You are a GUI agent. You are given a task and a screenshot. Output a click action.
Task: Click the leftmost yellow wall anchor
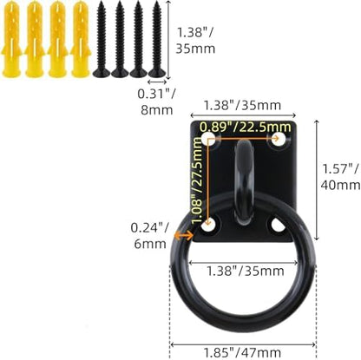click(x=11, y=40)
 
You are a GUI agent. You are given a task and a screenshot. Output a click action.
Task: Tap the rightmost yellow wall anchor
click(x=81, y=40)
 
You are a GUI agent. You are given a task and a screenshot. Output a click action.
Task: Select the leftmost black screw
click(x=102, y=40)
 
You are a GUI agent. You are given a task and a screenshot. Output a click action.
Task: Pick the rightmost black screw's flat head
click(x=157, y=72)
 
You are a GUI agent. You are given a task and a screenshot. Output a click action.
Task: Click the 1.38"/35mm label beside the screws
click(x=195, y=40)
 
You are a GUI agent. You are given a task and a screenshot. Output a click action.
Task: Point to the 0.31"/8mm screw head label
click(x=156, y=102)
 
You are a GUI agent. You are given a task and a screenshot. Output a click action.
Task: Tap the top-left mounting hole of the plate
click(x=208, y=139)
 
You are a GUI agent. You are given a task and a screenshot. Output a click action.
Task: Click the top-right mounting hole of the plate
click(x=279, y=139)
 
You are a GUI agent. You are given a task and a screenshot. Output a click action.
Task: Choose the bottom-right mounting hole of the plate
click(x=279, y=226)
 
